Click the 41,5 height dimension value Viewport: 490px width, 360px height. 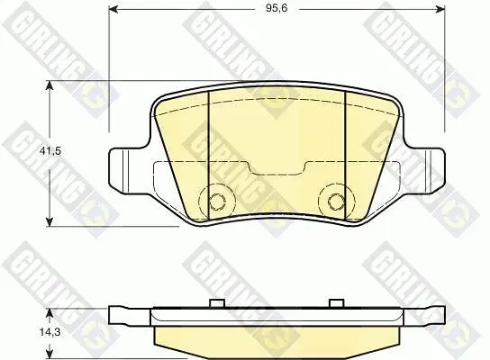[x=50, y=151]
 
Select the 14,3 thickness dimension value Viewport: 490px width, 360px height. [x=50, y=332]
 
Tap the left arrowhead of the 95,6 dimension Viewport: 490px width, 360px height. [x=113, y=10]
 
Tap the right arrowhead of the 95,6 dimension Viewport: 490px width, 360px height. [x=440, y=10]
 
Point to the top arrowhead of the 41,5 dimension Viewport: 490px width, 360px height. [x=49, y=85]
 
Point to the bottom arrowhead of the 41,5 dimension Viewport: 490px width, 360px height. [x=49, y=221]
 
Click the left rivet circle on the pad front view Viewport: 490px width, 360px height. [x=217, y=201]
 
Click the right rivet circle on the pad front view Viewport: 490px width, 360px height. [x=336, y=201]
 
